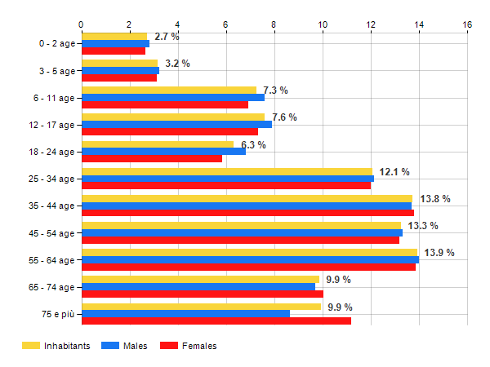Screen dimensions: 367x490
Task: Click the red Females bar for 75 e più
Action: (x=216, y=321)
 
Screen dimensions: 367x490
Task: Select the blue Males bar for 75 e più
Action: (x=185, y=313)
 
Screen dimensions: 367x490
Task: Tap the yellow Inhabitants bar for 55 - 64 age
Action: (x=249, y=252)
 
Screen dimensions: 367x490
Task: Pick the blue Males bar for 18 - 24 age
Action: (x=163, y=151)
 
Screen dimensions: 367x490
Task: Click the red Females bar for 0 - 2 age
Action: (x=114, y=51)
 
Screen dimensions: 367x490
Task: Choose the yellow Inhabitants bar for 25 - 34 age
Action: (x=226, y=171)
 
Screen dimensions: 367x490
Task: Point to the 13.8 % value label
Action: (x=435, y=199)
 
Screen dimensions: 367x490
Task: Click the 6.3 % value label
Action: (x=253, y=145)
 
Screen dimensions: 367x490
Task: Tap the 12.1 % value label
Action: (x=394, y=172)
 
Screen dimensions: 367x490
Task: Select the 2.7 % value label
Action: (x=167, y=37)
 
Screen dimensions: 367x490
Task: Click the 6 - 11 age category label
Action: (x=51, y=98)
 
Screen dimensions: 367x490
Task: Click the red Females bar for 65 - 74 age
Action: (x=202, y=294)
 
